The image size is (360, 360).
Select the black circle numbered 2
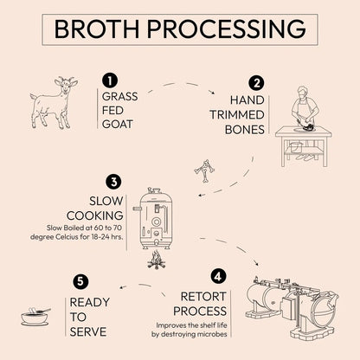[x=257, y=83]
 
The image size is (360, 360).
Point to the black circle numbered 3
[x=113, y=182]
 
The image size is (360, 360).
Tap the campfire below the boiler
[x=157, y=259]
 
